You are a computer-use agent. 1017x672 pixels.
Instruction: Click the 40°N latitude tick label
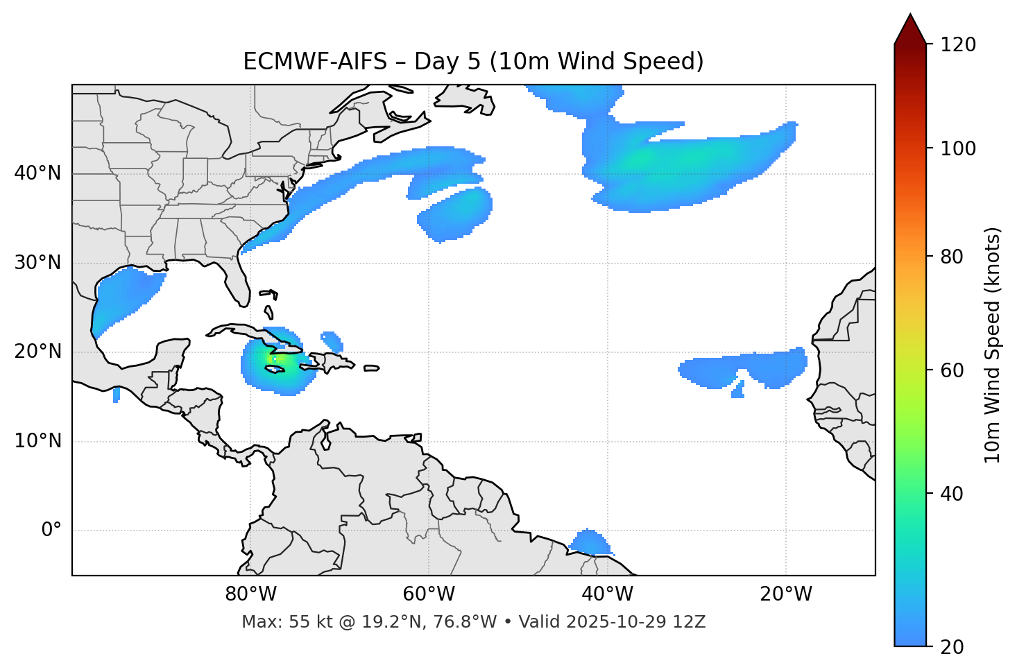point(37,173)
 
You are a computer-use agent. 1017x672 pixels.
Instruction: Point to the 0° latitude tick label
point(51,531)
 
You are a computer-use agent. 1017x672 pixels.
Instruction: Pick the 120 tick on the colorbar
point(958,45)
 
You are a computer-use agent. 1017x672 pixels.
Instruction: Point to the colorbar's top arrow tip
point(910,14)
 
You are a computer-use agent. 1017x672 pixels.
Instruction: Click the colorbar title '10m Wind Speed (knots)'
point(993,345)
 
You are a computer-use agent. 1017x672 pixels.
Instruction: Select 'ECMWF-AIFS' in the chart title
point(315,62)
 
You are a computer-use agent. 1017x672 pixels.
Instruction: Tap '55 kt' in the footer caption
point(303,622)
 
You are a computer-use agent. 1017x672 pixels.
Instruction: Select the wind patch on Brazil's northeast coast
point(590,542)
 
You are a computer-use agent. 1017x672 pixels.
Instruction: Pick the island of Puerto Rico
point(371,368)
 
